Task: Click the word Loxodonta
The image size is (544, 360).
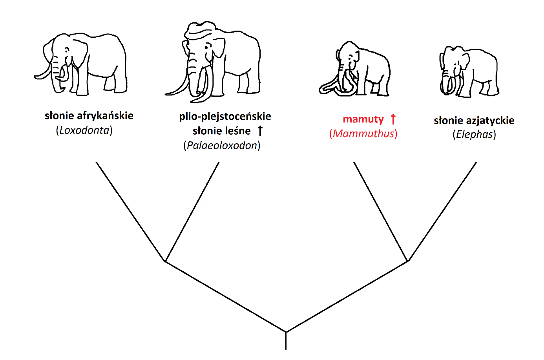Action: [x=84, y=130]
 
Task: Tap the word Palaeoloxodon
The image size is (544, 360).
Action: [x=222, y=146]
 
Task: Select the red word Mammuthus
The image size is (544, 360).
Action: [x=363, y=134]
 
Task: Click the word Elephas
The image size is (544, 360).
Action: [x=474, y=135]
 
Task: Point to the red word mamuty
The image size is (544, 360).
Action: [x=363, y=119]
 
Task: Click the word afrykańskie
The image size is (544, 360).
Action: [x=105, y=116]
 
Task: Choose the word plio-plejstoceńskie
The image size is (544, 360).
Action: [x=225, y=117]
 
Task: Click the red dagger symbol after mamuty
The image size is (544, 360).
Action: [x=393, y=119]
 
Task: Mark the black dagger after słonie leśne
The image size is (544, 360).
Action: [x=260, y=131]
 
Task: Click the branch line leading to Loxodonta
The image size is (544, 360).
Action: [x=130, y=211]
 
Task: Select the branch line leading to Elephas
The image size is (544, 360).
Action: [x=443, y=211]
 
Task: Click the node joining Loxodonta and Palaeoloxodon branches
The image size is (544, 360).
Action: [x=165, y=261]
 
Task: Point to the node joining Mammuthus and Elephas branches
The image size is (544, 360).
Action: [x=408, y=261]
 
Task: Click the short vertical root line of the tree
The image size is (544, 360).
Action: [x=286, y=341]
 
